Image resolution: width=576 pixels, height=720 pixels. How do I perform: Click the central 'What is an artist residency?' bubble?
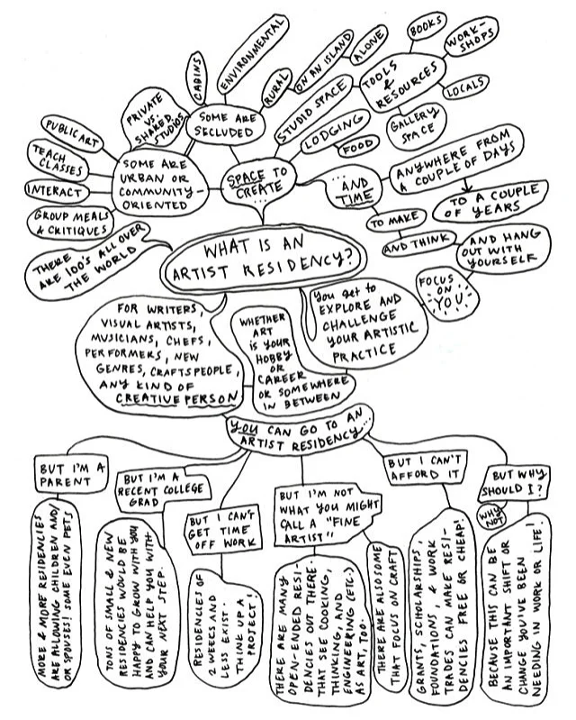click(269, 260)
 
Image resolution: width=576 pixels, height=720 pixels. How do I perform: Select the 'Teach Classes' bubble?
click(59, 159)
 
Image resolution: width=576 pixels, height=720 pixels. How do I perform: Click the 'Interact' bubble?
click(56, 192)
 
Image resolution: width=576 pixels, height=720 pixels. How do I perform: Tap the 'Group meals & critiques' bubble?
click(73, 223)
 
